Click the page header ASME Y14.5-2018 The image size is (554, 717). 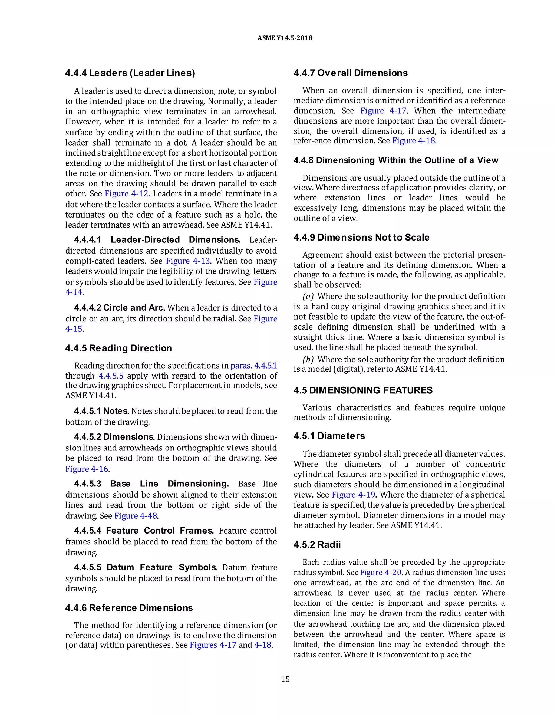[x=285, y=38]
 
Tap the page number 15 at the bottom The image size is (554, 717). [x=285, y=679]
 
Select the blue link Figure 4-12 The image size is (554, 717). [x=126, y=194]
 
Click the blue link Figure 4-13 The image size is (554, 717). [x=188, y=261]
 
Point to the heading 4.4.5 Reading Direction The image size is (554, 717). [x=118, y=348]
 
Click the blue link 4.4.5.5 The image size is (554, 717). [x=111, y=376]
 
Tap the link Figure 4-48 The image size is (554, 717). [x=136, y=516]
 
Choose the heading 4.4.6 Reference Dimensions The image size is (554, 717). [x=129, y=608]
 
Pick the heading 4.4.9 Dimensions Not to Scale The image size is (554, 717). [x=361, y=237]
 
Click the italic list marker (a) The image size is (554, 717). [x=308, y=297]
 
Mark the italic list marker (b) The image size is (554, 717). [x=308, y=360]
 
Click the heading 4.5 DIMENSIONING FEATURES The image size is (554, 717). [x=363, y=390]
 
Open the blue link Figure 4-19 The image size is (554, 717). [x=354, y=495]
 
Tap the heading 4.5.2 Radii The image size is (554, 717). [x=317, y=545]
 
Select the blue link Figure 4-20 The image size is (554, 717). [x=381, y=573]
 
